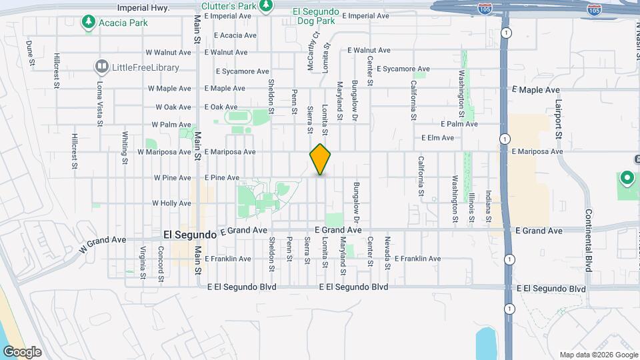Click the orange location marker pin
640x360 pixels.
click(x=321, y=159)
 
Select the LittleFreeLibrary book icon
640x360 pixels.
click(x=101, y=66)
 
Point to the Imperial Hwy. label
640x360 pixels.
click(x=143, y=8)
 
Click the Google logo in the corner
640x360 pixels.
click(x=21, y=351)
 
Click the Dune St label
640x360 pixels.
click(x=29, y=53)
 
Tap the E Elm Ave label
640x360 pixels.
click(x=437, y=138)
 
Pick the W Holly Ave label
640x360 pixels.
click(x=172, y=203)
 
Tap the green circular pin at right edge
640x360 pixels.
click(x=626, y=179)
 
